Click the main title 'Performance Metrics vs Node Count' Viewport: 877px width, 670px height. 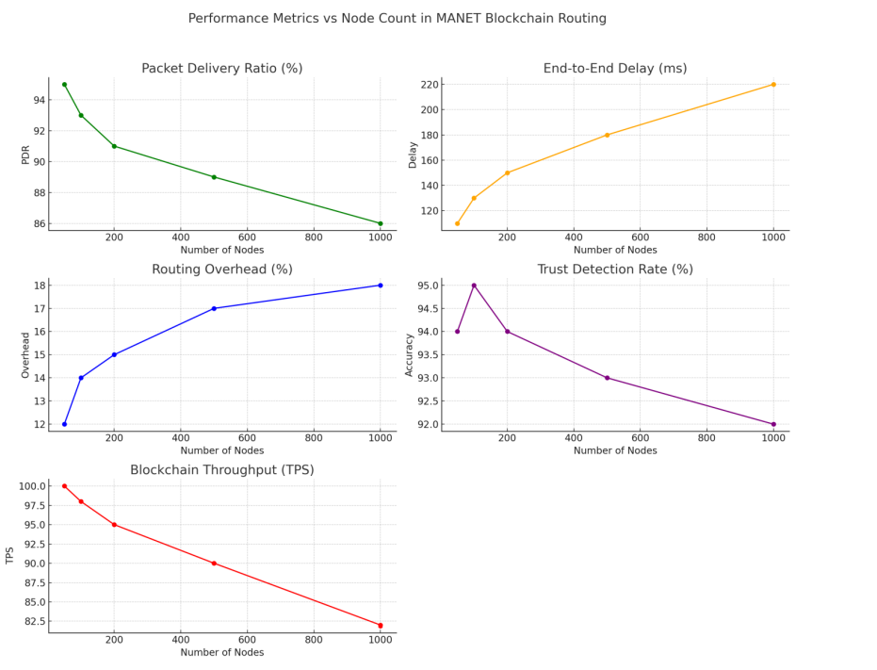(x=397, y=18)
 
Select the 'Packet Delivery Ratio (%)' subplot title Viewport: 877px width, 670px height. (x=221, y=68)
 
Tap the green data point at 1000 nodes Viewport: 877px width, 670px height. (x=380, y=223)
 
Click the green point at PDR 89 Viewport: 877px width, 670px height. (x=214, y=177)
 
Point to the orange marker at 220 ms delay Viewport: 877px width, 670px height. (x=773, y=85)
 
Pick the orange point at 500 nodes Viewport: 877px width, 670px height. (x=607, y=135)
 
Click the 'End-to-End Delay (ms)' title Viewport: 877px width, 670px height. (x=614, y=68)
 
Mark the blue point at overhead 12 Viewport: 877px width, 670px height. (x=64, y=424)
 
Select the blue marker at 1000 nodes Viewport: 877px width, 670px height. (x=380, y=286)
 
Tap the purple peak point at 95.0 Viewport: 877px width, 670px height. (x=474, y=286)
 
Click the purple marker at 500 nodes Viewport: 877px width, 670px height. (x=607, y=378)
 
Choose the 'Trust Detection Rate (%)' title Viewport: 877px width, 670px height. (x=614, y=270)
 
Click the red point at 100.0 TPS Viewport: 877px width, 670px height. (x=64, y=486)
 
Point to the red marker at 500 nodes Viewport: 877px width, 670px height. (x=214, y=564)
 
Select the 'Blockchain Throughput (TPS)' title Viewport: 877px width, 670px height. (x=221, y=469)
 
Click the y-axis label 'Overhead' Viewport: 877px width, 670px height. (x=25, y=355)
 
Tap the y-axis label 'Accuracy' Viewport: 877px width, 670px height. (x=409, y=355)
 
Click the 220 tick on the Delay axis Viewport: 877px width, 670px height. (x=429, y=85)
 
